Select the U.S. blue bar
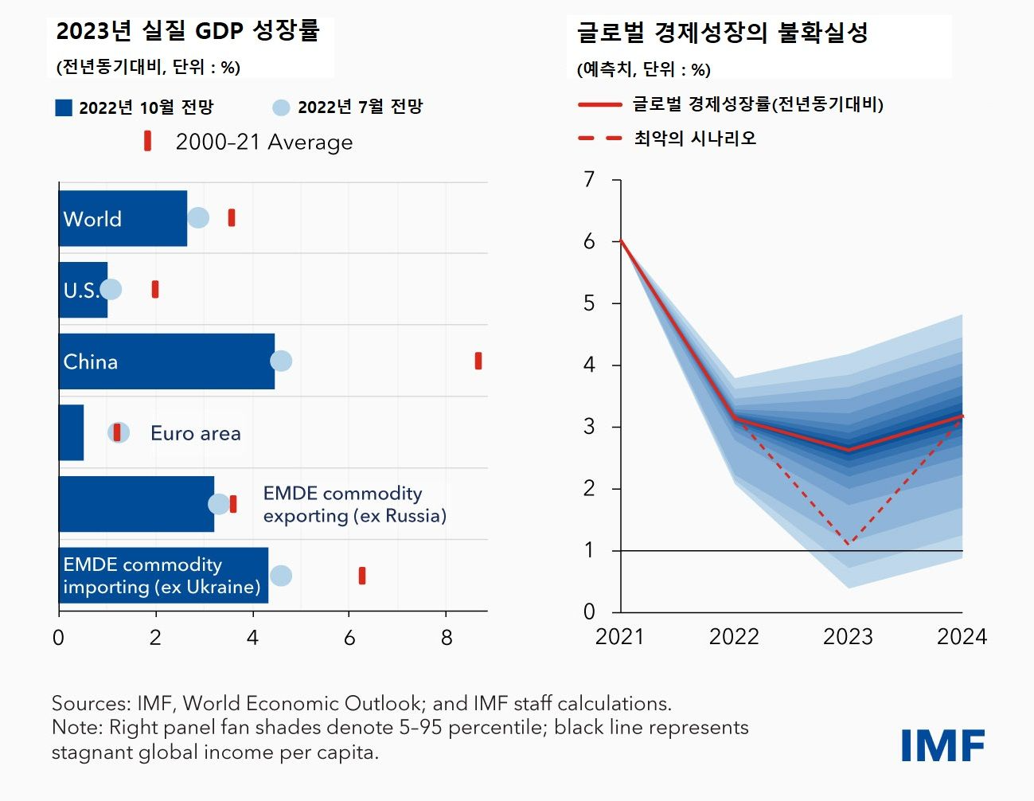click(x=83, y=290)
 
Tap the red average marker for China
click(x=478, y=361)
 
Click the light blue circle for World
click(x=198, y=217)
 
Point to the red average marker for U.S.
click(x=155, y=289)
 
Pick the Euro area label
click(x=195, y=433)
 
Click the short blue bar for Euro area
click(x=71, y=432)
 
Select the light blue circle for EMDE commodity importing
click(x=281, y=576)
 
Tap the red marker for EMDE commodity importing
click(x=362, y=576)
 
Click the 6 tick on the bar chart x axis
click(x=349, y=637)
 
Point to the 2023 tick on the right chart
click(x=848, y=636)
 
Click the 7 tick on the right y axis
click(x=589, y=179)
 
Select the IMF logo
click(x=942, y=745)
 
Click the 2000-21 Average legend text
click(x=263, y=142)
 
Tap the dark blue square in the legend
click(x=64, y=107)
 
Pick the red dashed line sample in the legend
click(x=599, y=138)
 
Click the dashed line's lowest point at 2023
click(x=849, y=545)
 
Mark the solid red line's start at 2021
click(x=621, y=240)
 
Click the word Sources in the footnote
click(x=88, y=703)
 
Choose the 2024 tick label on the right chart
click(x=962, y=636)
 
